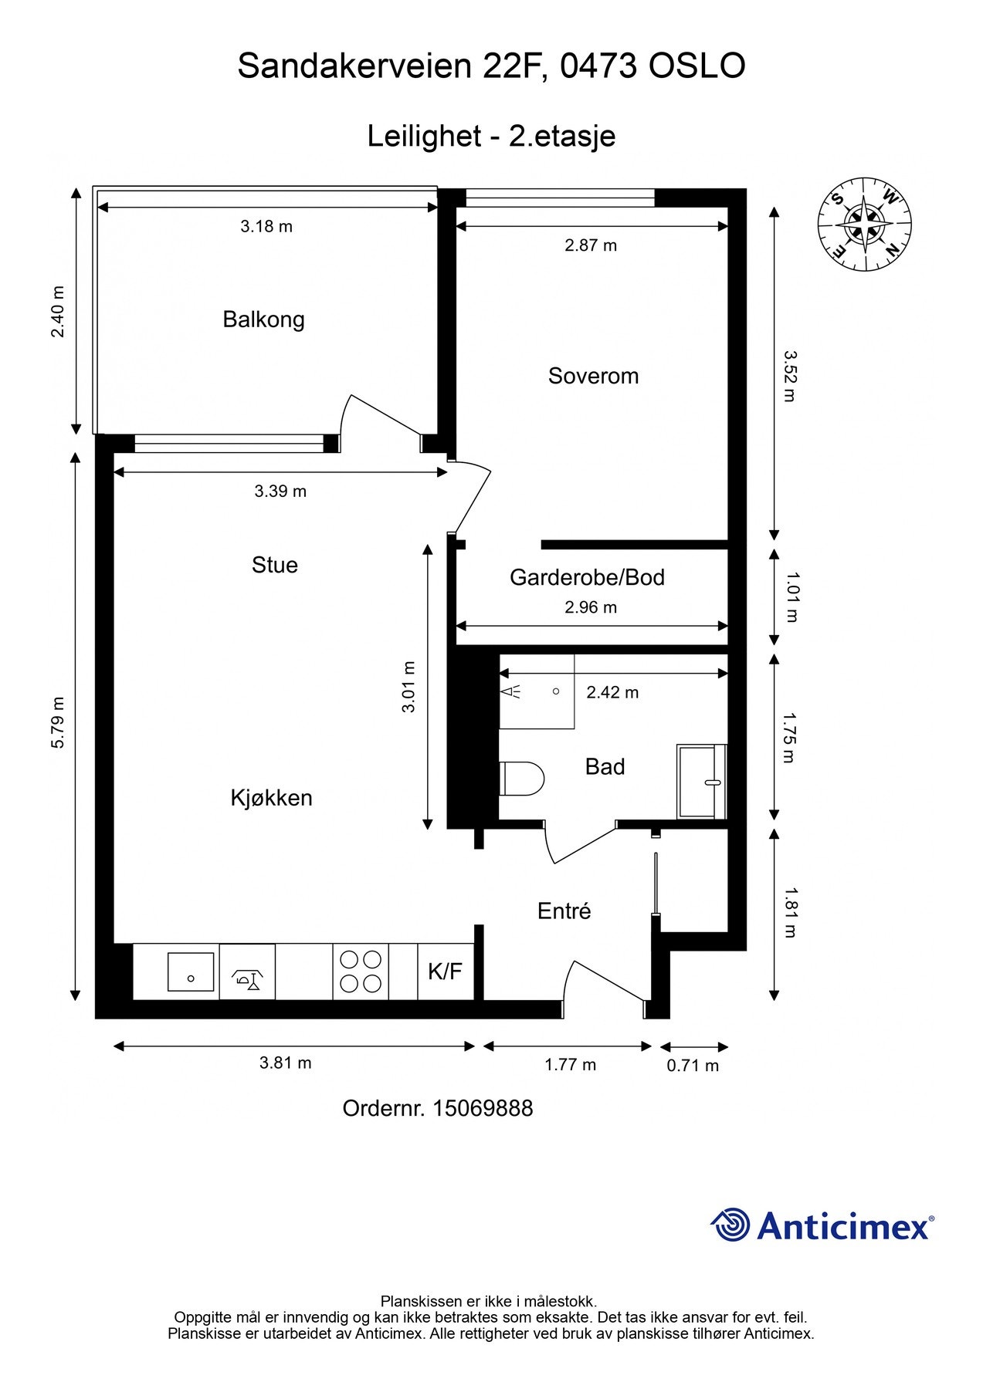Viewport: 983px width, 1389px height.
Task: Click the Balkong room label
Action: click(x=263, y=319)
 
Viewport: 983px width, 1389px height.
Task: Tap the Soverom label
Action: click(x=593, y=376)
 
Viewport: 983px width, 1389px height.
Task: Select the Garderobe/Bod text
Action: click(x=587, y=577)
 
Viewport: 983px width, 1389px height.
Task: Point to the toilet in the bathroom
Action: click(x=522, y=778)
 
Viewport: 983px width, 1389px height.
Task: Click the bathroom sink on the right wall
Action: click(x=702, y=782)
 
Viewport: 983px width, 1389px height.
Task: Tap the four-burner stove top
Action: click(x=361, y=972)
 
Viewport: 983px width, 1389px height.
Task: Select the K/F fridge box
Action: click(x=446, y=972)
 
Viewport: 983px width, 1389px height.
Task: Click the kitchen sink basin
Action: click(x=191, y=972)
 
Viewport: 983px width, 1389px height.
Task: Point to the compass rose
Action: click(x=864, y=225)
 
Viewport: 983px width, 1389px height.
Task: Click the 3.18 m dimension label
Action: click(x=266, y=227)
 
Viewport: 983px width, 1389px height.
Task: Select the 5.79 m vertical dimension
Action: click(x=58, y=722)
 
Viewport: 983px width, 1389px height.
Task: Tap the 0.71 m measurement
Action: click(x=693, y=1066)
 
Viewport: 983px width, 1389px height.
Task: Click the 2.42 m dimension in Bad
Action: click(x=612, y=692)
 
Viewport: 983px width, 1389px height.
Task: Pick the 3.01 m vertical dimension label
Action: click(x=408, y=687)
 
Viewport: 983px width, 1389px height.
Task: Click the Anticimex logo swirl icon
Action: click(x=730, y=1225)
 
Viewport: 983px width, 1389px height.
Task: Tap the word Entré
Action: click(x=564, y=911)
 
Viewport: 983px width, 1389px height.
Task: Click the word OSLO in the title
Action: click(x=697, y=66)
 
